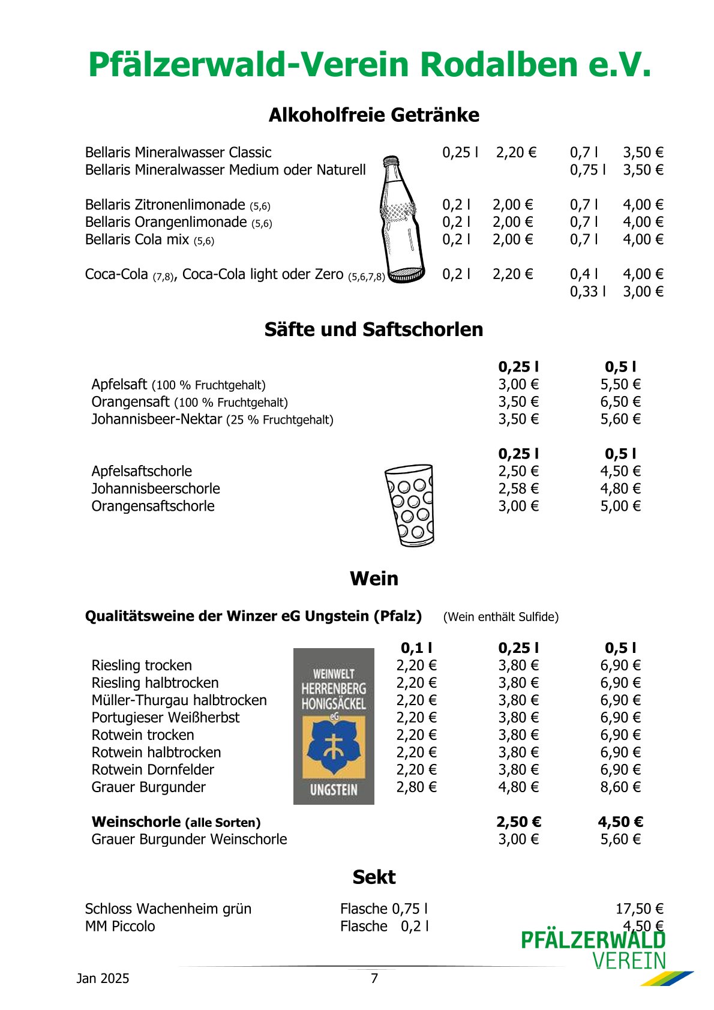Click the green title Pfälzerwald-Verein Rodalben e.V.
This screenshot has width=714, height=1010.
[x=369, y=65]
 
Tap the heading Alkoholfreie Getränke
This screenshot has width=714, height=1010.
[x=374, y=115]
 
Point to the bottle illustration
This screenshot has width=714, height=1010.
[x=401, y=219]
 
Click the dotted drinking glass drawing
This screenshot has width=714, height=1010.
[x=409, y=505]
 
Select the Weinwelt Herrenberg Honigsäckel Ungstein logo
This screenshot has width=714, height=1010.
[x=334, y=726]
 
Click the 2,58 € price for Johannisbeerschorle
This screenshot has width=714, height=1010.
[x=518, y=488]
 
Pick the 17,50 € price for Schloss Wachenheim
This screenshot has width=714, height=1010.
[x=639, y=909]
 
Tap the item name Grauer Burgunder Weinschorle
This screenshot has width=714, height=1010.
[x=189, y=839]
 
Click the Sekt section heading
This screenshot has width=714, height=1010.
[x=374, y=877]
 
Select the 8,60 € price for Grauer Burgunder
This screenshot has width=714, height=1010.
[x=620, y=787]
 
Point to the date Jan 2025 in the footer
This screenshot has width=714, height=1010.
[x=103, y=978]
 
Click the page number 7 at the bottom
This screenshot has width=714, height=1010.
[x=374, y=978]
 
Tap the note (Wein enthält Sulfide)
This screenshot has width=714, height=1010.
[x=500, y=617]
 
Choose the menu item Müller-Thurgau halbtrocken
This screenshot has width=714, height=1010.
[x=179, y=700]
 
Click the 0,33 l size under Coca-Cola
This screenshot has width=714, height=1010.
[x=587, y=292]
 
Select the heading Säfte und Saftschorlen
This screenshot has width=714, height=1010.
[x=374, y=329]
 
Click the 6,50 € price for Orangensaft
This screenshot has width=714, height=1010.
[x=620, y=401]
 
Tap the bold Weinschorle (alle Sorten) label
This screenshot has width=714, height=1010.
[x=176, y=822]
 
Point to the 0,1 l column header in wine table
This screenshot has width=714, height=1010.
[x=416, y=648]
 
